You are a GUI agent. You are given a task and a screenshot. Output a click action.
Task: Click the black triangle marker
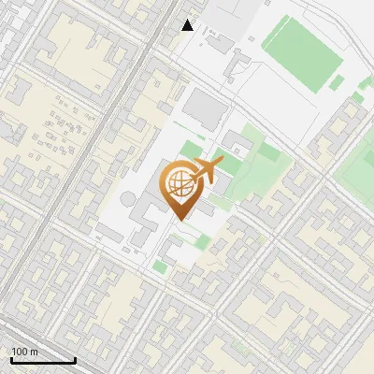(188, 25)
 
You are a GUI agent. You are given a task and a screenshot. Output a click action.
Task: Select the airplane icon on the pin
(208, 170)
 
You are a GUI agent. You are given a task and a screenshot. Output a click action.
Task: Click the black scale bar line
(43, 360)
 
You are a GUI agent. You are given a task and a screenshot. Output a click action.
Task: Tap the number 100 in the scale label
(20, 352)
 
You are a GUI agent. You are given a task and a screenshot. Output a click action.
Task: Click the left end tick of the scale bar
(11, 358)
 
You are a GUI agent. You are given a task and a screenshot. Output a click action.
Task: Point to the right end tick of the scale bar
(75, 358)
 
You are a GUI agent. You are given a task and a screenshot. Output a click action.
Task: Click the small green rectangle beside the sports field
(337, 82)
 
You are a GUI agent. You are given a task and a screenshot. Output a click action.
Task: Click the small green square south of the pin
(160, 268)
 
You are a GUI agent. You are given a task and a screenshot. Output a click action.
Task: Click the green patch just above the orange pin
(191, 150)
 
